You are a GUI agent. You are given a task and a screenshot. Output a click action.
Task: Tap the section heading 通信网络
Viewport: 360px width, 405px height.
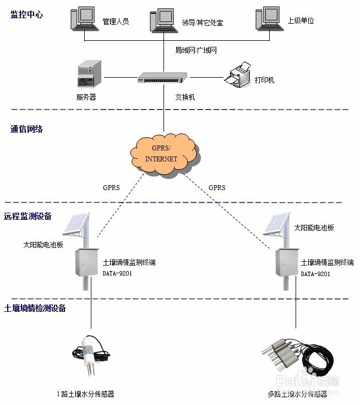pyautogui.click(x=26, y=129)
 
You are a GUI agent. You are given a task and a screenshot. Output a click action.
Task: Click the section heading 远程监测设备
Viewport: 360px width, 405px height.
pyautogui.click(x=28, y=217)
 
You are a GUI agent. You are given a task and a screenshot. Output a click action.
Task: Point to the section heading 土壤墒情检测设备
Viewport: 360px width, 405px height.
pyautogui.click(x=35, y=308)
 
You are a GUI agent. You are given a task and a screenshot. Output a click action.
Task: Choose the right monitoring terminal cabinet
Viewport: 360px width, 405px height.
pyautogui.click(x=287, y=262)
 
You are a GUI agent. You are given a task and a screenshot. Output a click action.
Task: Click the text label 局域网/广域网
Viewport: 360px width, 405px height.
pyautogui.click(x=197, y=50)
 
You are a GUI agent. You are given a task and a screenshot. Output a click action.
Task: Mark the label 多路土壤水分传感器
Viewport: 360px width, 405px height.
pyautogui.click(x=297, y=395)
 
